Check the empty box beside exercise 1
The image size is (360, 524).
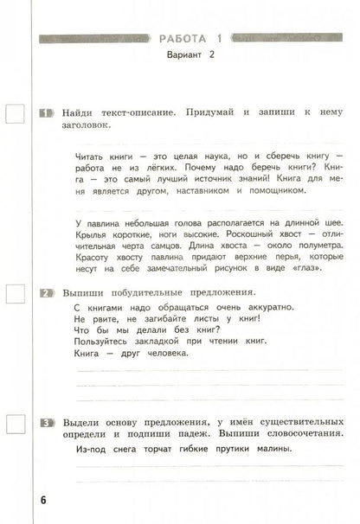point(16,114)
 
